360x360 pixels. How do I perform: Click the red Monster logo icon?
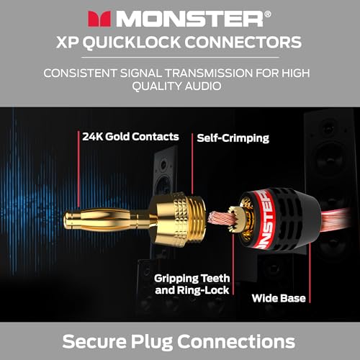pyautogui.click(x=99, y=19)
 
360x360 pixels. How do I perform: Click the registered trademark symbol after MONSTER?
pyautogui.click(x=268, y=14)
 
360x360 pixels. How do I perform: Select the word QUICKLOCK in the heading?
pyautogui.click(x=132, y=42)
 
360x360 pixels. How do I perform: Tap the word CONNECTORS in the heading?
pyautogui.click(x=243, y=42)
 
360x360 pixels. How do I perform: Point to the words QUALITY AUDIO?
pyautogui.click(x=176, y=86)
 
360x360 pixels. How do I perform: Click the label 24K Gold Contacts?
pyautogui.click(x=130, y=137)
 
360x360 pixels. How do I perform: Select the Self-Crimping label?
pyautogui.click(x=233, y=138)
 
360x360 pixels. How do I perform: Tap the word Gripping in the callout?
pyautogui.click(x=176, y=279)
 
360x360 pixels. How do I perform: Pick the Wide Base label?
pyautogui.click(x=279, y=298)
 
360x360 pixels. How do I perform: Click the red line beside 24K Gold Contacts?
pyautogui.click(x=78, y=169)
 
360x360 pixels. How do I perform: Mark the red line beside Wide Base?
pyautogui.click(x=310, y=273)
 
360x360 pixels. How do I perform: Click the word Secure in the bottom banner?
pyautogui.click(x=94, y=341)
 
